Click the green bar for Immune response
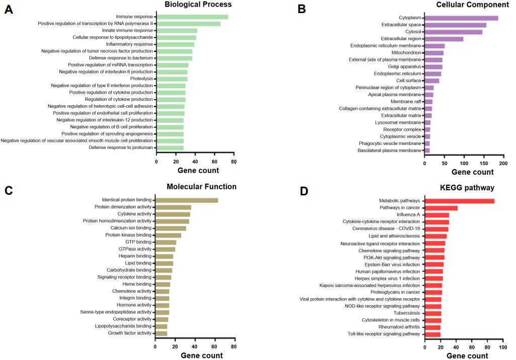tap(192, 17)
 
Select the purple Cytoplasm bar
tap(461, 18)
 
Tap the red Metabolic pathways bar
tap(460, 201)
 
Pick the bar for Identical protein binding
tap(186, 200)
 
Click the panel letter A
tap(8, 10)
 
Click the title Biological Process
tap(198, 5)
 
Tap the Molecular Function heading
tap(201, 187)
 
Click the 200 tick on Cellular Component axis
tap(502, 164)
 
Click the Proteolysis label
tap(137, 79)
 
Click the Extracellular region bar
tap(444, 39)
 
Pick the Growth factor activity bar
tap(161, 333)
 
